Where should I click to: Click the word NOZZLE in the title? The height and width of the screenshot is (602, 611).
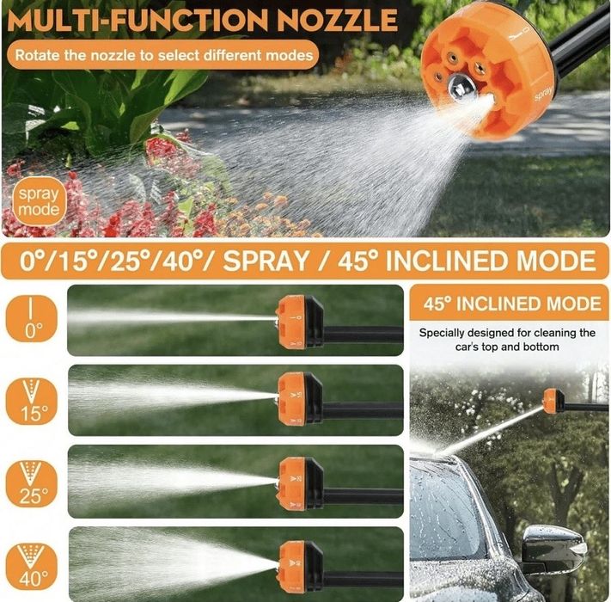coord(338,20)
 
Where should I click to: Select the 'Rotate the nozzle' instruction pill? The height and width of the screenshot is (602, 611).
coord(163,54)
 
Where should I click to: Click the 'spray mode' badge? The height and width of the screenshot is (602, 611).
coord(38,201)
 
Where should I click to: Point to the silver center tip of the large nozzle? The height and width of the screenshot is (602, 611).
coord(460,88)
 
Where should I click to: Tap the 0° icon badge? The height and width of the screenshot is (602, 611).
coord(32,318)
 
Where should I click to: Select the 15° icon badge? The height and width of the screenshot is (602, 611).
coord(32,401)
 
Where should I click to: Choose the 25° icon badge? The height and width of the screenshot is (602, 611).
coord(32,483)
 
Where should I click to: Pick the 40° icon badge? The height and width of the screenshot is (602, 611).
coord(32,566)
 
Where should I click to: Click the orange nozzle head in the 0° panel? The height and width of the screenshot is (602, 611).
coord(291,322)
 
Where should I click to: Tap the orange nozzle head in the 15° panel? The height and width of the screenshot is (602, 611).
coord(292,398)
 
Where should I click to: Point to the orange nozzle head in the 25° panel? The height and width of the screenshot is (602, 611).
coord(293,483)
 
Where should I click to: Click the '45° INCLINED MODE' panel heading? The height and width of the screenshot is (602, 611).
coord(512,304)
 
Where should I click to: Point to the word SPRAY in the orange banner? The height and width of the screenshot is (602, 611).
coord(266,261)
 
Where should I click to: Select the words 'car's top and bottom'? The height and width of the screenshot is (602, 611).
coord(507,347)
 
